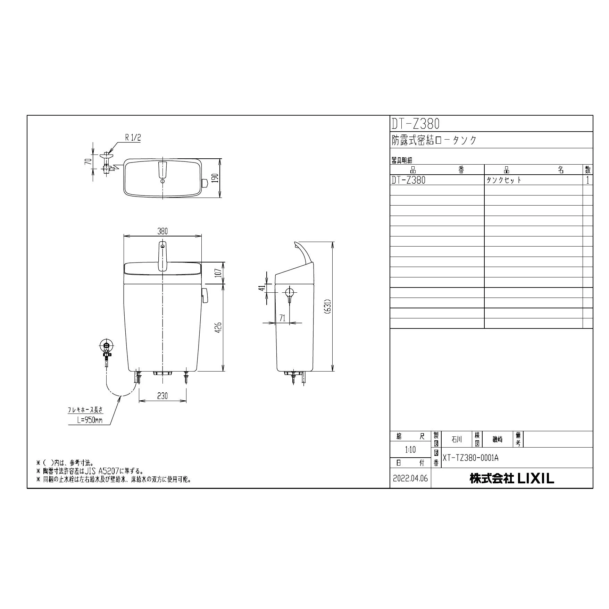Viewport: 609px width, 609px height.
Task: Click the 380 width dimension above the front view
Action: (162, 231)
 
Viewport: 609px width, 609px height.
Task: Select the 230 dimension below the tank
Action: (162, 395)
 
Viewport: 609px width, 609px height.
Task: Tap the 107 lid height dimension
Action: (218, 273)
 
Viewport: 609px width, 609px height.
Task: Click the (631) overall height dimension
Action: (328, 307)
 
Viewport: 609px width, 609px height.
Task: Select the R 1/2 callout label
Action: (133, 137)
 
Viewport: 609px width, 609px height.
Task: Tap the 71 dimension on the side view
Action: (282, 318)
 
